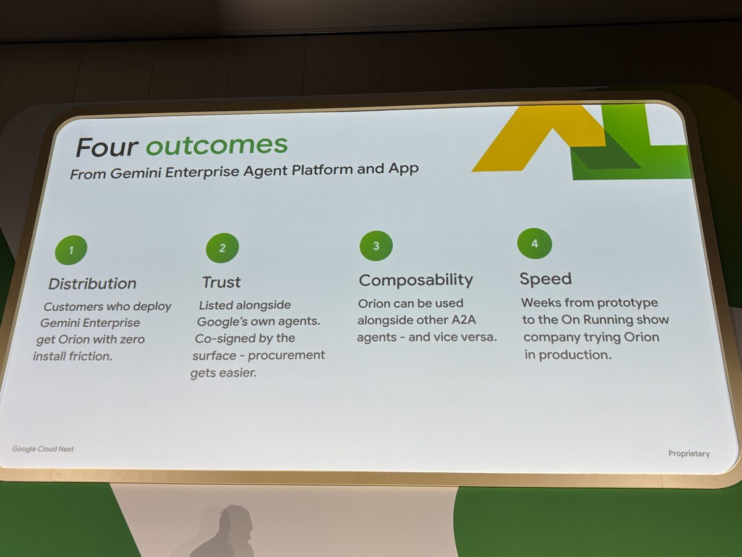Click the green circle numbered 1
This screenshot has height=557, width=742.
click(71, 250)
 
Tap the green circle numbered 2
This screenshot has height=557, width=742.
click(222, 248)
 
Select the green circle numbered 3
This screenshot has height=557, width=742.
click(376, 246)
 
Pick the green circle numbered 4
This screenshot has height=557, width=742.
click(534, 243)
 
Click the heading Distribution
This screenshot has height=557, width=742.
click(92, 283)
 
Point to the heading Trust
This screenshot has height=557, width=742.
click(221, 282)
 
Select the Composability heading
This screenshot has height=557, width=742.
click(416, 280)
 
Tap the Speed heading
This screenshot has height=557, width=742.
click(545, 279)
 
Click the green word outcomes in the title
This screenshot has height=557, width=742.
click(216, 145)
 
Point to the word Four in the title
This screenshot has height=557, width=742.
click(107, 147)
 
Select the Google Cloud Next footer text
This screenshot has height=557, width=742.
click(43, 449)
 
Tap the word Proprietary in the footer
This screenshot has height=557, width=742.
click(689, 454)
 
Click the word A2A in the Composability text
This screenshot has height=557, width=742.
click(464, 319)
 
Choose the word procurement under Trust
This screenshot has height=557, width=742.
click(286, 355)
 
